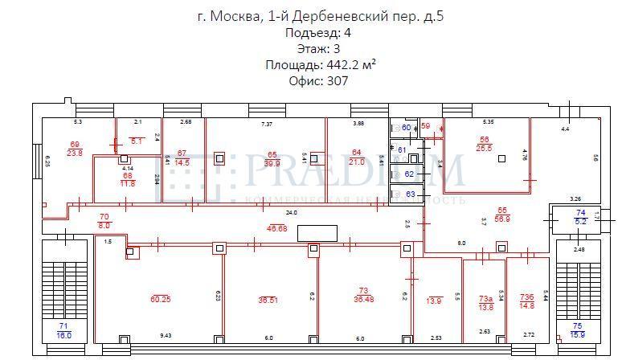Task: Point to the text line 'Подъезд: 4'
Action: (x=318, y=33)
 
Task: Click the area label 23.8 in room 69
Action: (x=75, y=153)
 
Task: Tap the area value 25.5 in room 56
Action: (x=485, y=148)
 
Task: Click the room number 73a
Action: (x=485, y=298)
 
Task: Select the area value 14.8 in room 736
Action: (x=527, y=305)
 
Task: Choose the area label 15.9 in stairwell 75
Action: (x=577, y=334)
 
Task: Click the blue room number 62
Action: (x=409, y=174)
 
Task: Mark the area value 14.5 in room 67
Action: (x=182, y=162)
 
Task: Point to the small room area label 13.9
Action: (x=434, y=301)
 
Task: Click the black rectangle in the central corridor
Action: (x=317, y=233)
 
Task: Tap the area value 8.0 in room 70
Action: (x=103, y=227)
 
